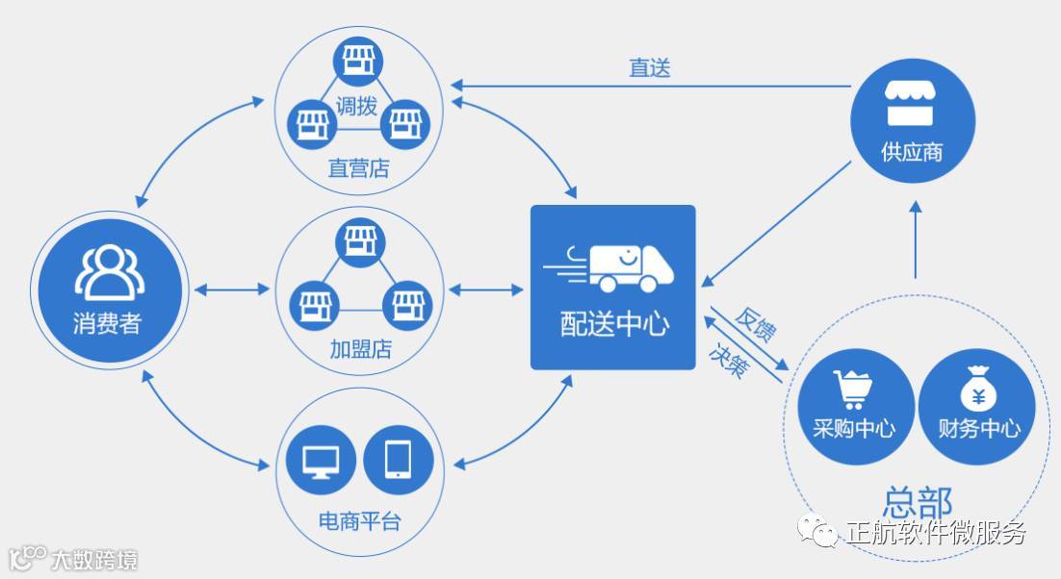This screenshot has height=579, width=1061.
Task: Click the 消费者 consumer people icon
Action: click(109, 270)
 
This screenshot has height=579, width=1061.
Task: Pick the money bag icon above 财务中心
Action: click(976, 390)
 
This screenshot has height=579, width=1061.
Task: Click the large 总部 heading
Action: click(917, 502)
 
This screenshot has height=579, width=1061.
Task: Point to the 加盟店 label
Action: click(359, 347)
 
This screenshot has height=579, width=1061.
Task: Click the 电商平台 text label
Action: click(359, 522)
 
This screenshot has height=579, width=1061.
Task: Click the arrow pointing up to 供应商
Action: click(916, 236)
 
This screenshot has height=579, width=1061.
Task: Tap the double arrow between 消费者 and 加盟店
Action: click(232, 289)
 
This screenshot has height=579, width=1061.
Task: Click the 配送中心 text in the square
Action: click(613, 323)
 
